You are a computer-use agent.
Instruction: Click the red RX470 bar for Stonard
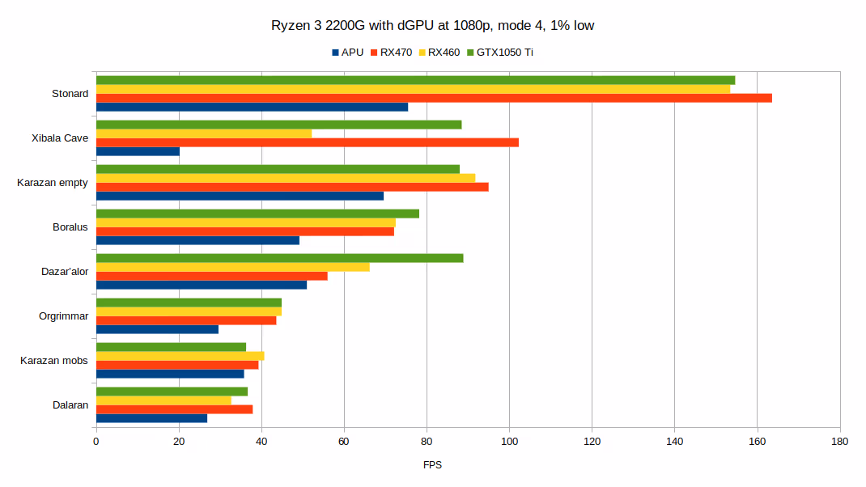434,98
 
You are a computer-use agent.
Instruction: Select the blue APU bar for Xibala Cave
138,151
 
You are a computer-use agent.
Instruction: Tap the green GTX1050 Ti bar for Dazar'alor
280,258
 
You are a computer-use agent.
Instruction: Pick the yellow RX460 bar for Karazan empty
286,178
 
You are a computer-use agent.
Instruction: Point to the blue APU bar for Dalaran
151,418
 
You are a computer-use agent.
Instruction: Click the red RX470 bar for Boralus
245,231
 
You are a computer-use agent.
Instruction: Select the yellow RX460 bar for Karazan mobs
180,356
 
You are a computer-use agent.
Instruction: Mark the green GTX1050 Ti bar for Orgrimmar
189,303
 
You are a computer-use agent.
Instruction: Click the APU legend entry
347,53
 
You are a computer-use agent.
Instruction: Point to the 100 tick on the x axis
509,442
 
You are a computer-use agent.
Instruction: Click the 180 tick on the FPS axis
840,442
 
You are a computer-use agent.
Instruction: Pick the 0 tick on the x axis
96,442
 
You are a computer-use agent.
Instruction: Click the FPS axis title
433,465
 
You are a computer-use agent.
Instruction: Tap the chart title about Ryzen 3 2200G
433,26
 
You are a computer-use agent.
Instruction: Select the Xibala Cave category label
60,138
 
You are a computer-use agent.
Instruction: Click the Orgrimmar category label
64,316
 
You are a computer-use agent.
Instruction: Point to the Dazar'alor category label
65,272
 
